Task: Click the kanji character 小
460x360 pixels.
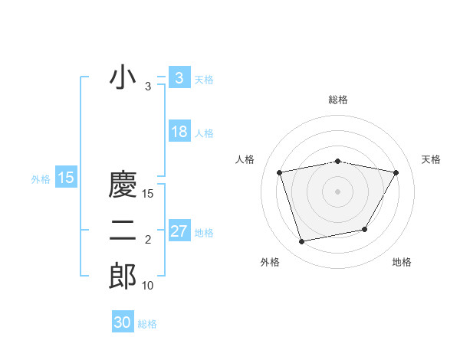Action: pos(123,78)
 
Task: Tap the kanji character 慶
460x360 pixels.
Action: pos(123,186)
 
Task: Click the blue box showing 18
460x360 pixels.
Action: pos(179,132)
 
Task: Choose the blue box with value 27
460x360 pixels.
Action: pos(179,231)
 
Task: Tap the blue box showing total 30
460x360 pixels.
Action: pos(123,322)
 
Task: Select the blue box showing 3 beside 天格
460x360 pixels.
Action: pos(179,78)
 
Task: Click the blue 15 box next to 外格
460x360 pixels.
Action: pos(66,178)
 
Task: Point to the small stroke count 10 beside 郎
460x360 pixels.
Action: pos(147,286)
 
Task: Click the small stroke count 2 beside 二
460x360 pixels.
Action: pos(148,241)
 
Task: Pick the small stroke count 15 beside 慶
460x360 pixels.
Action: pos(148,195)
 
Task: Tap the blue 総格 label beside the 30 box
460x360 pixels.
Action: pos(147,324)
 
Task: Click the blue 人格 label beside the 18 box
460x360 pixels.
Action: pos(204,133)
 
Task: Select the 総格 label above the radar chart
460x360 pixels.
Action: pos(337,100)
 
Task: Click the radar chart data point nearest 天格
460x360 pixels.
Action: pos(396,172)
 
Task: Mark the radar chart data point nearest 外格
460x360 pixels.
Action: pos(302,241)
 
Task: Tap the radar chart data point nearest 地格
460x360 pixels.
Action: pos(365,229)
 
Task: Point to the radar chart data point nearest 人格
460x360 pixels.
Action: pos(280,172)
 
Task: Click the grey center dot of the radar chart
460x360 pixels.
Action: pos(337,191)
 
